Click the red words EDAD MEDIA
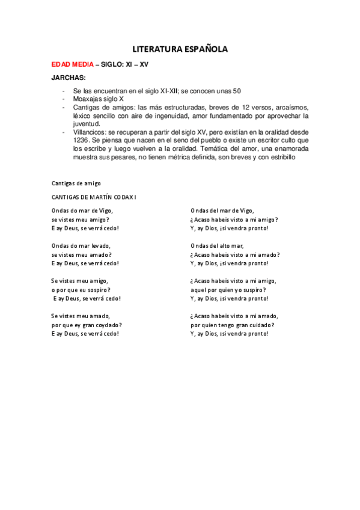(72, 64)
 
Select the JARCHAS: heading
(69, 78)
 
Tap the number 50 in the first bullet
(237, 91)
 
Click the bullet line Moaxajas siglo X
(97, 99)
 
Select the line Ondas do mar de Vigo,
(82, 210)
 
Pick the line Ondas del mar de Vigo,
(222, 210)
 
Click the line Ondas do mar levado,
(81, 245)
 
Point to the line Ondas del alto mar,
(217, 245)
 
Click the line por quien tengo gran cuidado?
(233, 325)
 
